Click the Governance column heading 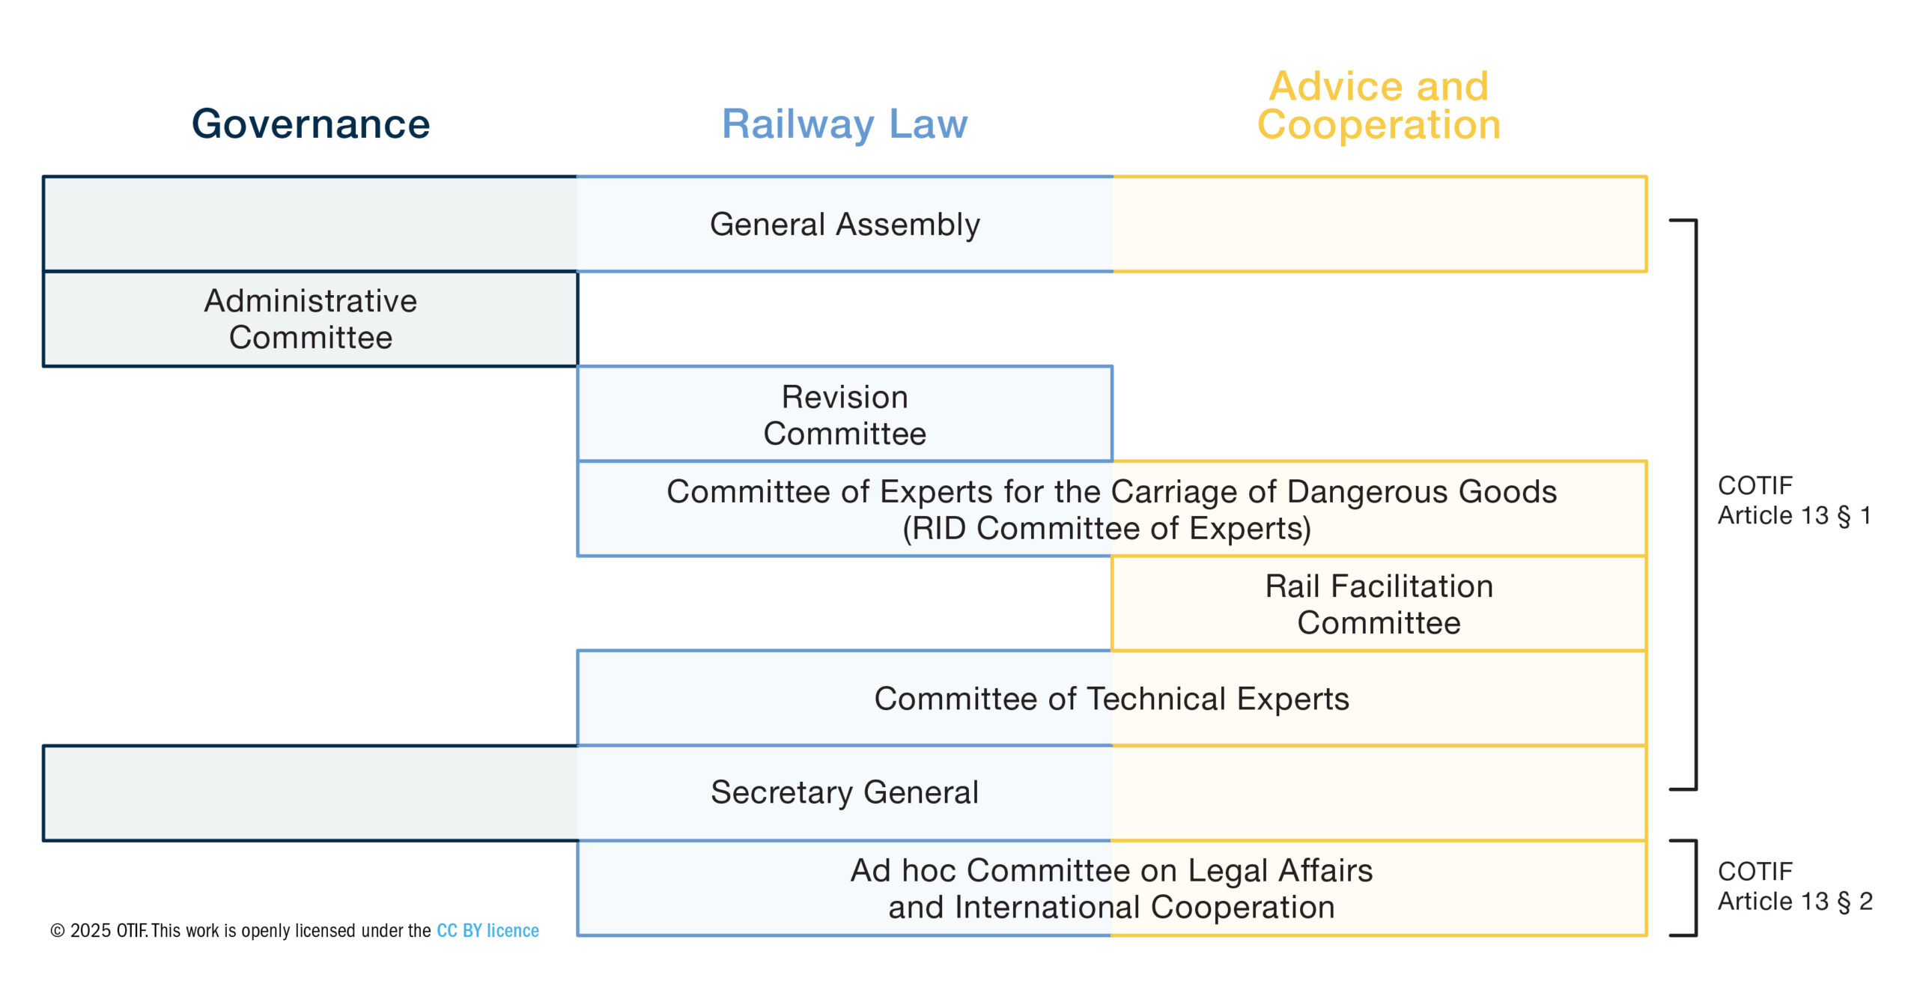pyautogui.click(x=311, y=124)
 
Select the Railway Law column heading pyautogui.click(x=844, y=124)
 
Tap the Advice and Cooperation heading pyautogui.click(x=1379, y=106)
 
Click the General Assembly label pyautogui.click(x=845, y=225)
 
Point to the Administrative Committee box pyautogui.click(x=311, y=319)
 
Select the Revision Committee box pyautogui.click(x=845, y=415)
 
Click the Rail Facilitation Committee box pyautogui.click(x=1379, y=604)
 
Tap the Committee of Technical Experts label pyautogui.click(x=1111, y=699)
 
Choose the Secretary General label pyautogui.click(x=845, y=792)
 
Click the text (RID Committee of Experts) pyautogui.click(x=1107, y=529)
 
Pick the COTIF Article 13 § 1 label pyautogui.click(x=1794, y=500)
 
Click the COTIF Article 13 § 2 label pyautogui.click(x=1794, y=886)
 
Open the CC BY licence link pyautogui.click(x=487, y=931)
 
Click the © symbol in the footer pyautogui.click(x=57, y=931)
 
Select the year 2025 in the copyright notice pyautogui.click(x=91, y=931)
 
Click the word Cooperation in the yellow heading pyautogui.click(x=1379, y=125)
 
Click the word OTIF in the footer pyautogui.click(x=131, y=931)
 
